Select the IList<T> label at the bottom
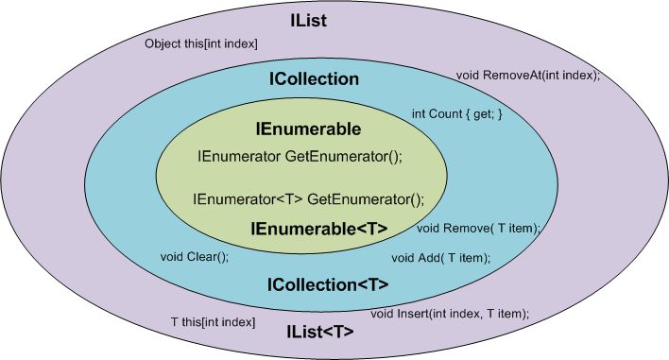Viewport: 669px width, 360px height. [x=320, y=332]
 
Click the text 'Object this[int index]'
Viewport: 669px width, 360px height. [x=200, y=44]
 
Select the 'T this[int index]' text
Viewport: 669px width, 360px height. [x=213, y=322]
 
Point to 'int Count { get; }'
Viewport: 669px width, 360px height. [x=456, y=114]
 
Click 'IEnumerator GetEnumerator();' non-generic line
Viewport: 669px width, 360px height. [x=300, y=156]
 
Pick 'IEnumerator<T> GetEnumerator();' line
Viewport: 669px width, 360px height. [x=308, y=199]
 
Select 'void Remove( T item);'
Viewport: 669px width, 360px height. [x=478, y=228]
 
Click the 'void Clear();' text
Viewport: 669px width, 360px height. [x=194, y=256]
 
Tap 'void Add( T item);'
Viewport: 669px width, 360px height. [x=440, y=257]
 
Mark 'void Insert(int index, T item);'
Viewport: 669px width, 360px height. [x=450, y=313]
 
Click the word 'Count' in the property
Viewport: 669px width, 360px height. [x=447, y=114]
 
